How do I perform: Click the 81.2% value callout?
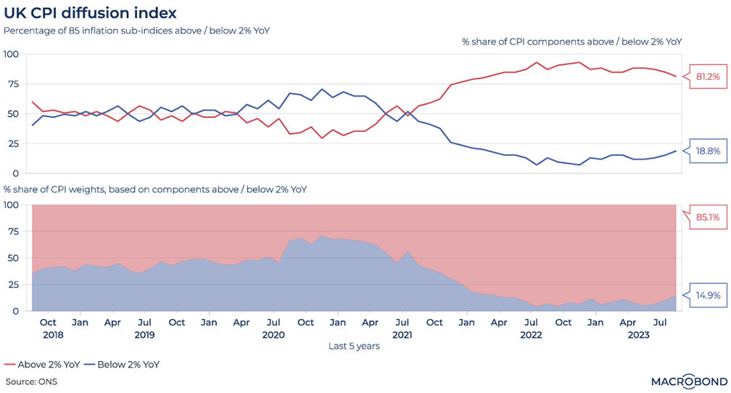pos(707,76)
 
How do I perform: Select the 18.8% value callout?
pos(707,151)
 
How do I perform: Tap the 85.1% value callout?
pos(707,216)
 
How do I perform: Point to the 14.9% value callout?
pos(707,295)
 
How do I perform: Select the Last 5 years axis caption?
pos(355,346)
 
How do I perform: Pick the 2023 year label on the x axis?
pos(638,334)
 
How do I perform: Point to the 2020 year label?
pos(273,334)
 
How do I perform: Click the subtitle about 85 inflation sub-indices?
pos(137,30)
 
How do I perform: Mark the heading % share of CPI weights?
pos(155,190)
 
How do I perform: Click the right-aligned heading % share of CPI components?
pos(571,42)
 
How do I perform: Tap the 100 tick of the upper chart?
pos(11,54)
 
